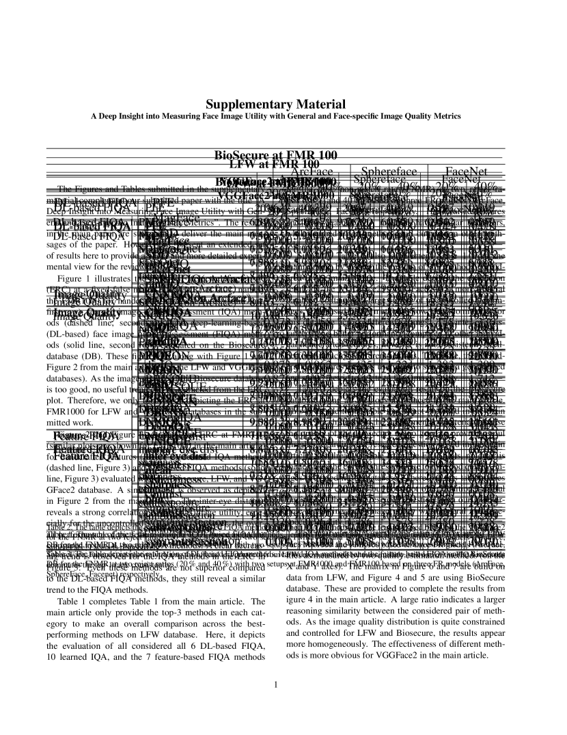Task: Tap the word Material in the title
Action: pyautogui.click(x=320, y=105)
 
